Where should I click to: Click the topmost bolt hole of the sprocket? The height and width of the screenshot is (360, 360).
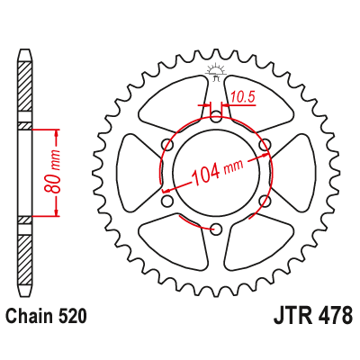[216, 114]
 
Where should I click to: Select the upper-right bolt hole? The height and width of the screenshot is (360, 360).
[265, 144]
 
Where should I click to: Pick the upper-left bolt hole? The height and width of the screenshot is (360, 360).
[166, 144]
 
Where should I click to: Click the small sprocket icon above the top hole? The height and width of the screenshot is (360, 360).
[216, 73]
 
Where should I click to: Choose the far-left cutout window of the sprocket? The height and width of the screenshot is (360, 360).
[132, 171]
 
